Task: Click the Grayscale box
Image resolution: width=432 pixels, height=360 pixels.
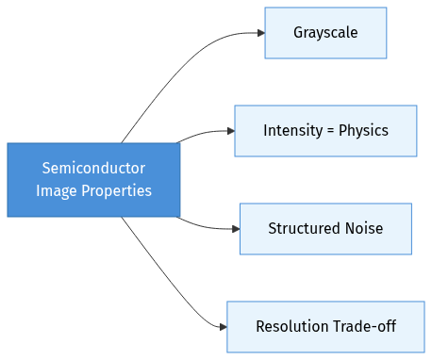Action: (x=325, y=33)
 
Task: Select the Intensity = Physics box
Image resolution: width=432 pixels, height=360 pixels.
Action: (x=325, y=131)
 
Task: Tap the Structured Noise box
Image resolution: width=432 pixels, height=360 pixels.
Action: (x=325, y=229)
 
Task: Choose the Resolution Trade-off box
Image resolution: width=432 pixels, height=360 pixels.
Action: (x=325, y=327)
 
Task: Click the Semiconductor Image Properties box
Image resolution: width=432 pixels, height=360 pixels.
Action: (x=93, y=180)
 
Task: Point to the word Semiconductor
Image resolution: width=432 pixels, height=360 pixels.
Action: (x=93, y=169)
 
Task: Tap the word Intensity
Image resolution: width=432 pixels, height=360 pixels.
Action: (x=291, y=131)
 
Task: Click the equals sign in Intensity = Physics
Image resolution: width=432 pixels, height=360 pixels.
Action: (x=330, y=131)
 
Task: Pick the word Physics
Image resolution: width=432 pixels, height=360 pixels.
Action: (x=363, y=131)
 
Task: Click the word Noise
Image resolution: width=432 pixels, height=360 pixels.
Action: (x=363, y=229)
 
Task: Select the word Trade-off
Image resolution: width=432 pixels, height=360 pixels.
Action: (x=364, y=327)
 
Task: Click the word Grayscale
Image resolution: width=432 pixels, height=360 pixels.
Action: (x=325, y=33)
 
